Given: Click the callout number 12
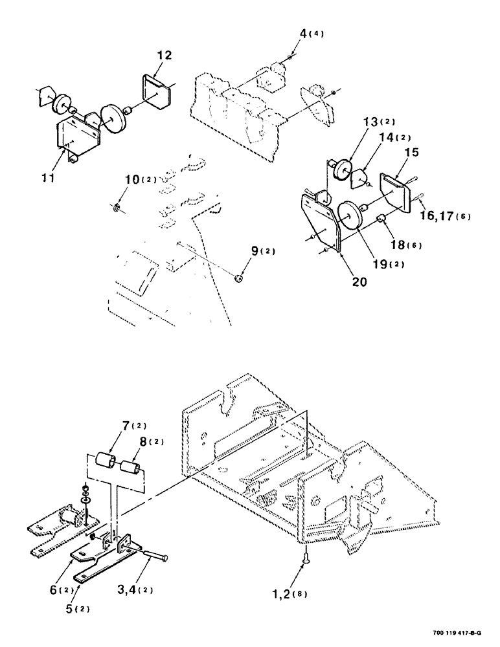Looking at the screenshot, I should click(165, 56).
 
